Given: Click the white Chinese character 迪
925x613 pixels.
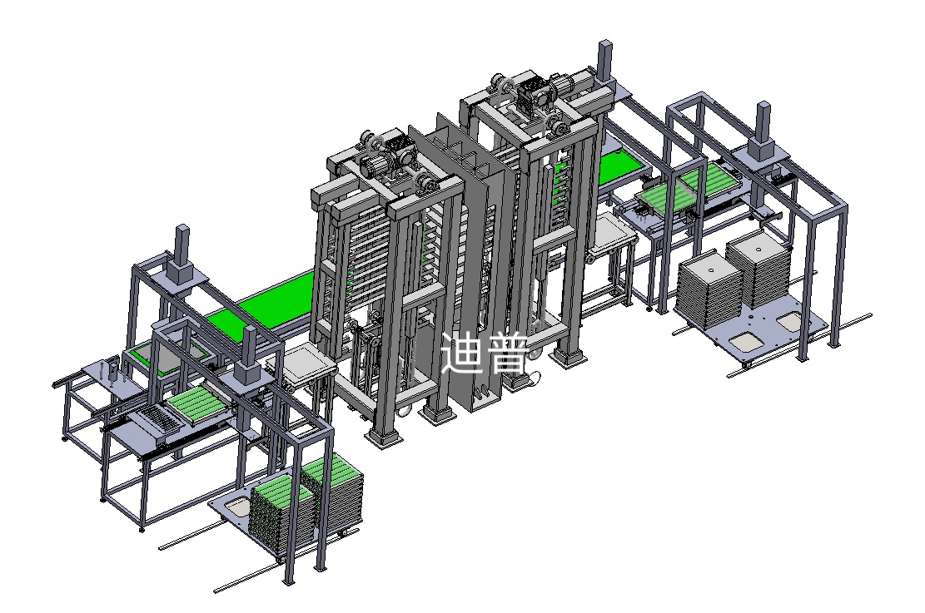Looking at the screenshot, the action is click(463, 353).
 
